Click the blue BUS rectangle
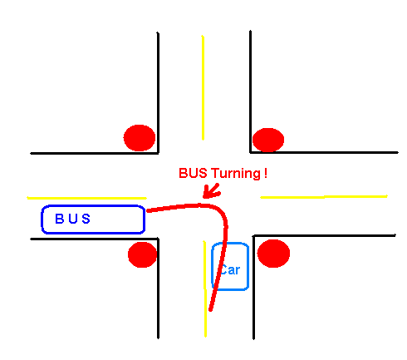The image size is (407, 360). [93, 205]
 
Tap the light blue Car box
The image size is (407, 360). [212, 266]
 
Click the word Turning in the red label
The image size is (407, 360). [236, 174]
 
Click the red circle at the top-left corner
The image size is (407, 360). [140, 138]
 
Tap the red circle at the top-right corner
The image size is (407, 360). [268, 140]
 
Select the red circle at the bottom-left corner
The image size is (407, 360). [142, 254]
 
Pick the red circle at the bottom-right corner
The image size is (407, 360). [273, 254]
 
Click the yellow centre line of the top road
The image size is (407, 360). [203, 87]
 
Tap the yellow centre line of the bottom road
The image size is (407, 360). [205, 288]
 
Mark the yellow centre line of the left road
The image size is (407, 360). [86, 198]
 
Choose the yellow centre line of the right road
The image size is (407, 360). [324, 197]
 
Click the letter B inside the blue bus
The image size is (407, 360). [60, 219]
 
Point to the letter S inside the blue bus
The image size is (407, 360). [86, 219]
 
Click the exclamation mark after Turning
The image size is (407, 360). [266, 173]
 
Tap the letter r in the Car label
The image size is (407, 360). [238, 270]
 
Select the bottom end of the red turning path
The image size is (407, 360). [210, 310]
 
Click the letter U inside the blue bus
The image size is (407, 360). [73, 219]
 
